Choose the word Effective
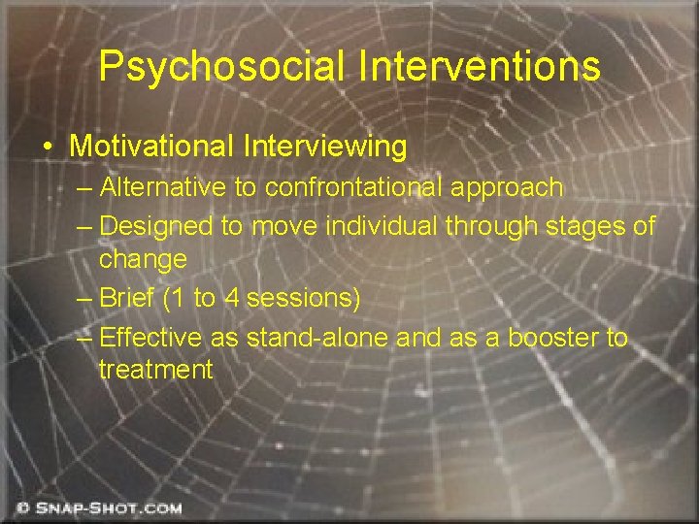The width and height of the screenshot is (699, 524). pos(150,338)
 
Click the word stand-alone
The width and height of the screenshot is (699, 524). pos(333,338)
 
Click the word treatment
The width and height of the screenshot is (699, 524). pos(155,370)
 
